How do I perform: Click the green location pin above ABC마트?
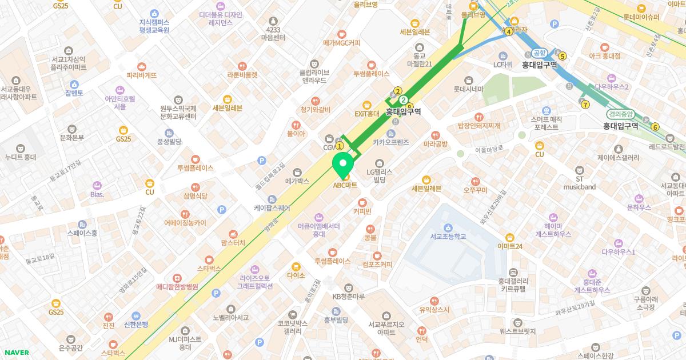coord(343,166)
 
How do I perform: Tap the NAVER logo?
coord(16,353)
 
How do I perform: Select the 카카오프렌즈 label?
coord(390,142)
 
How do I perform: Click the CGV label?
coord(328,147)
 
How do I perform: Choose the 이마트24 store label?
coord(510,246)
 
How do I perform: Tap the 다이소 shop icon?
coord(296,266)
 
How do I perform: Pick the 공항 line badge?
coord(540,52)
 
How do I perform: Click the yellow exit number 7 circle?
coord(585,105)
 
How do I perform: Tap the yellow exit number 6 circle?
coord(655,127)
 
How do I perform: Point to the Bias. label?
coord(97,194)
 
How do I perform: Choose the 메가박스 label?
coord(297,181)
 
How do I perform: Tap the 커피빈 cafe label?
coord(362,211)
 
